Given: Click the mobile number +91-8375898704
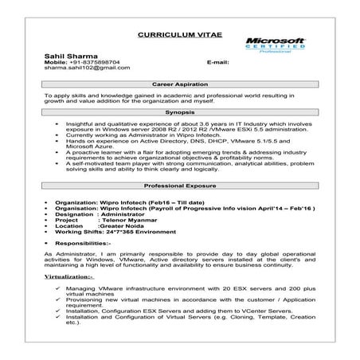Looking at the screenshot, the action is [96, 61].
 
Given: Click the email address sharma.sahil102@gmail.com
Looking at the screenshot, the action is [86, 68].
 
